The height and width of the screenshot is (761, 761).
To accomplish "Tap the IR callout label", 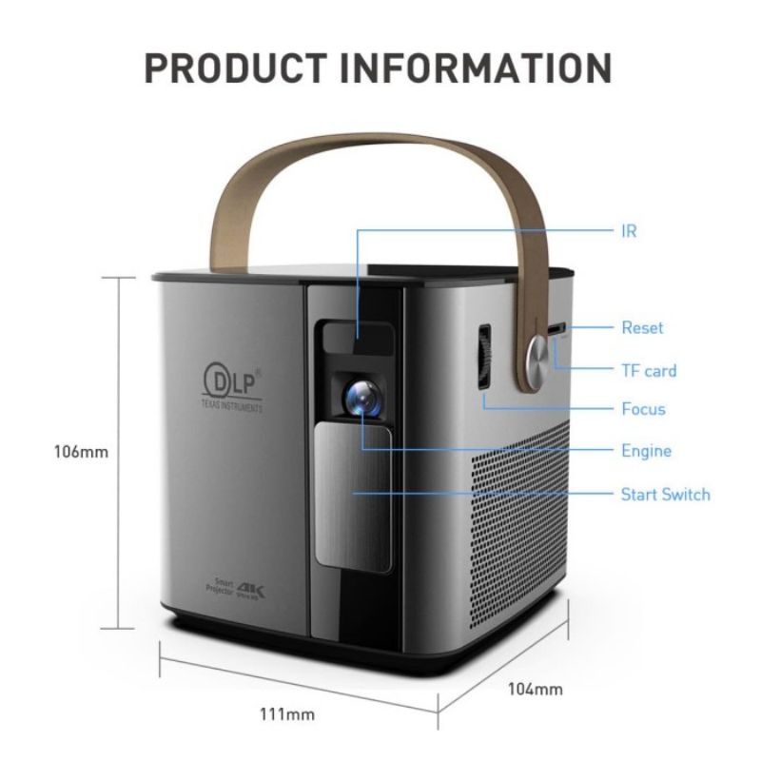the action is pos(629,231).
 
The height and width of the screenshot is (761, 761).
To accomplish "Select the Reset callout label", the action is pos(642,328).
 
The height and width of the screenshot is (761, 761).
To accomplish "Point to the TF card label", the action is pos(649,370).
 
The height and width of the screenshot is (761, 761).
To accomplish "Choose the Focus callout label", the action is pos(643,410).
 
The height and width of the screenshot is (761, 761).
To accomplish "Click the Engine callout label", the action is pos(646,451).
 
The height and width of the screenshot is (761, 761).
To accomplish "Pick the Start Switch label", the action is pos(665,495).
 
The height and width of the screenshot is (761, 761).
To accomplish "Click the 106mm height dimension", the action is pos(80,452).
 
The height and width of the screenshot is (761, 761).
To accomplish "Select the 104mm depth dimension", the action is pos(536,688).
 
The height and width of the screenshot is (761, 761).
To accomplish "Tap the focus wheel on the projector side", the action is pos(483,358).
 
